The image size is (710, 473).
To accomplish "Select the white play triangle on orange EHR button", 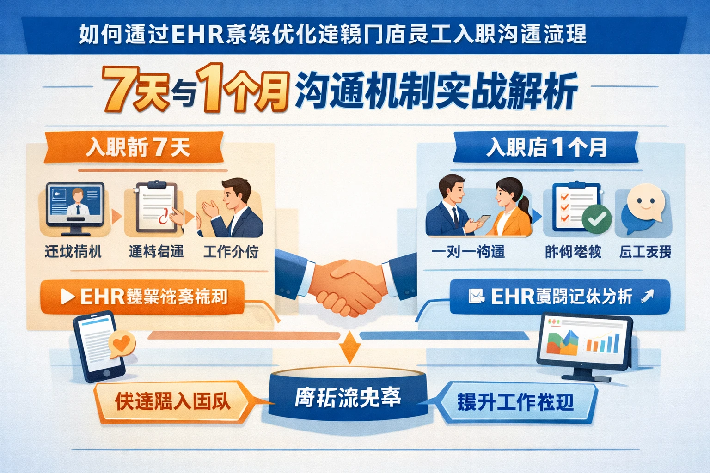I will point(67,297).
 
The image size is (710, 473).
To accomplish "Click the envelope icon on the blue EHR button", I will point(476,296).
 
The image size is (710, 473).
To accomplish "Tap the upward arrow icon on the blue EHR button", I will point(648,296).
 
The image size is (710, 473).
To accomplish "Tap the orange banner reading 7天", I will point(134,148).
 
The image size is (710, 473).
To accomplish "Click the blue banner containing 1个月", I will point(545,148).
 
